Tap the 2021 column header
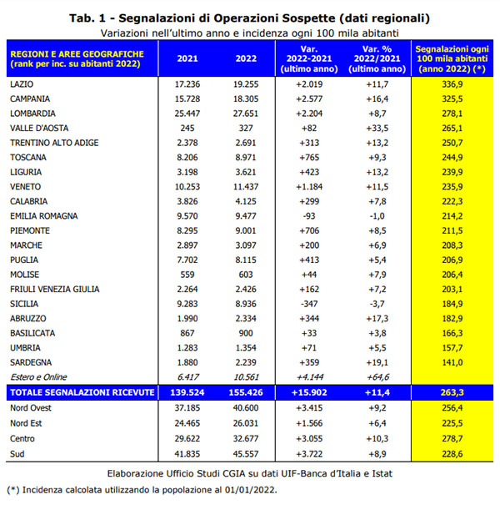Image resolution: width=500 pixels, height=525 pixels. (x=187, y=58)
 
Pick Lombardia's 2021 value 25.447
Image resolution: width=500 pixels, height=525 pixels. (x=187, y=114)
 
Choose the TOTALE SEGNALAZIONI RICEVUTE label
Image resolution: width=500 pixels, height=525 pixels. (x=82, y=392)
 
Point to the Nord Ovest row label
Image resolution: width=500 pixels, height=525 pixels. (x=30, y=408)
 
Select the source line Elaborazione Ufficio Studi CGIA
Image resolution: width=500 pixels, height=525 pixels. (x=249, y=472)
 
